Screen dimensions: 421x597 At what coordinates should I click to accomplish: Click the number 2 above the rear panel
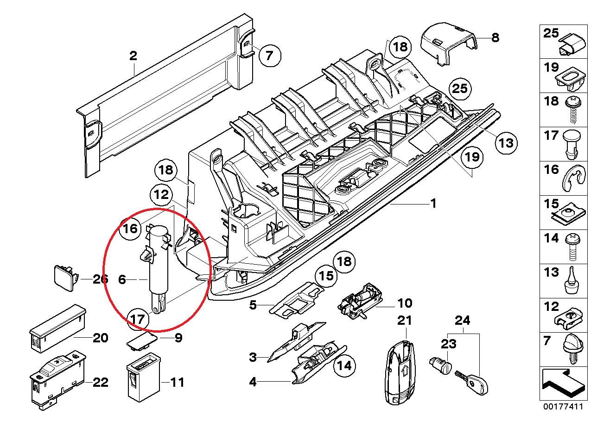(133, 56)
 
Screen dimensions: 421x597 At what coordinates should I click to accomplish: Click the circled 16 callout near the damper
(130, 228)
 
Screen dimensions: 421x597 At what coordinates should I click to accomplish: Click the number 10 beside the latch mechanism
(405, 303)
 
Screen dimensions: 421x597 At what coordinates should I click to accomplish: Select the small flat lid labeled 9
(142, 341)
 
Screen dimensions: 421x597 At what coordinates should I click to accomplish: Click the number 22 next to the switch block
(100, 382)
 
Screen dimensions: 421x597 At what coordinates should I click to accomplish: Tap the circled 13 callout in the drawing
(507, 142)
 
